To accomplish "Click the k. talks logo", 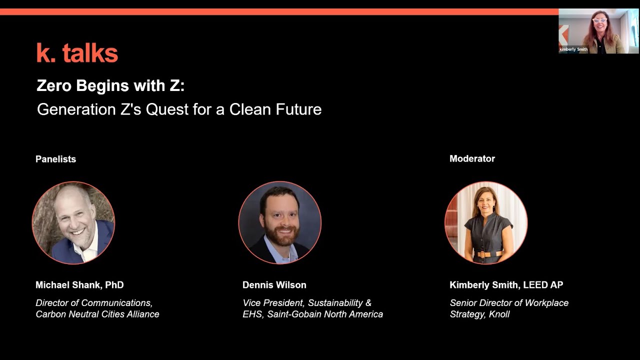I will point(77,53).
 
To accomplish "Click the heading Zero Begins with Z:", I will point(110,86).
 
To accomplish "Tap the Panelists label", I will point(55,159).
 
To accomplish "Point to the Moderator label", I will point(472,158).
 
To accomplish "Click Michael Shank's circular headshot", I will point(73,222).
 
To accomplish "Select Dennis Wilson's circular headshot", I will point(280,222).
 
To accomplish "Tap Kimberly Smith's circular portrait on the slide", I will point(486,222).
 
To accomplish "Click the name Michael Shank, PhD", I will point(79,285).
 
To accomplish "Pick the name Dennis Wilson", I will point(274,285).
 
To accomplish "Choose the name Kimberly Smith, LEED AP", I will point(506,285).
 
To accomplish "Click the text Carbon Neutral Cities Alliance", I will point(97,314).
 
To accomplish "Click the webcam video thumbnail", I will point(598,31).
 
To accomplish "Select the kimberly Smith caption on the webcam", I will point(573,49).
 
